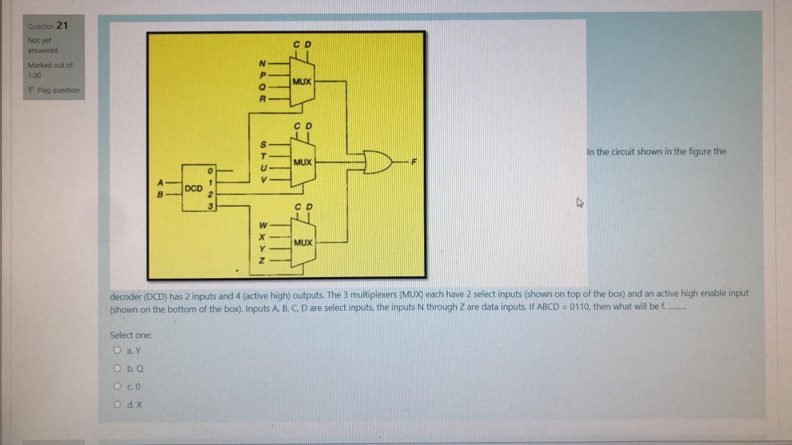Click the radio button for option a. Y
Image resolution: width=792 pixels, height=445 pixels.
coord(117,350)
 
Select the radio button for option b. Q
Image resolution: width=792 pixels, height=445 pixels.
coord(117,369)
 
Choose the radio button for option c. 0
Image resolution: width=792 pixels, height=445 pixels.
coord(117,387)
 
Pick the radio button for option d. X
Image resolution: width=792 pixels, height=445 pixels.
coord(117,405)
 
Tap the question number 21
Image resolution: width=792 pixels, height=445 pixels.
coord(62,25)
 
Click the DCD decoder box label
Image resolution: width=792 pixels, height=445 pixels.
coord(194,188)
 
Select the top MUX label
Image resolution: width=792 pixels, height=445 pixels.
coord(303,82)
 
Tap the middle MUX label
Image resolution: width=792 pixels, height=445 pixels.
coord(303,162)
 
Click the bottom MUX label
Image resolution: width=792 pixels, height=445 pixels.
coord(303,242)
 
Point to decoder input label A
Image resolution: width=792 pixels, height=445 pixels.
coord(160,182)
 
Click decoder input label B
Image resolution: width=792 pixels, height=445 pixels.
coord(160,193)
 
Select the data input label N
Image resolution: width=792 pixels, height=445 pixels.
coord(262,63)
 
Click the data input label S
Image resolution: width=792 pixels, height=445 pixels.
coord(262,144)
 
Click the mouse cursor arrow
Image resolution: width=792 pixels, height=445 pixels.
coord(580,202)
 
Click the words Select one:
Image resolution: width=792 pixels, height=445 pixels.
coord(131,335)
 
